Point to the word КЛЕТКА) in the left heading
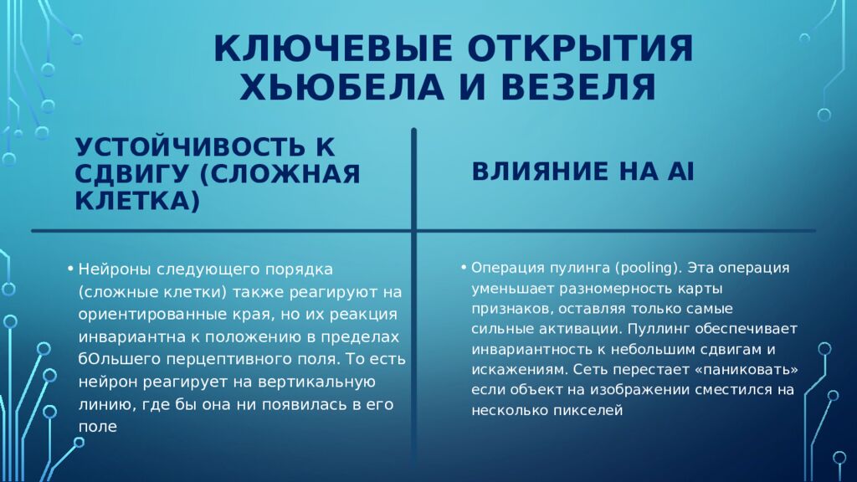pos(138,201)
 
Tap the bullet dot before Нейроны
pos(72,269)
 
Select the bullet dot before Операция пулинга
pos(462,268)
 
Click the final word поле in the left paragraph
pos(97,427)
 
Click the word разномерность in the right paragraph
pos(606,288)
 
